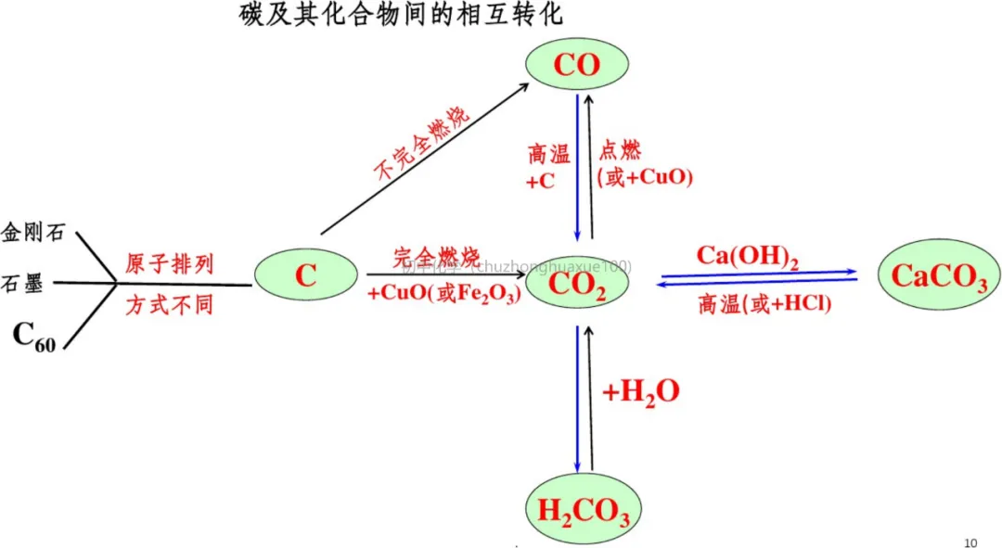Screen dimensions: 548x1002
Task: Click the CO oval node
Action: (577, 64)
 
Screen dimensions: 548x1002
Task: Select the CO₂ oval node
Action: (577, 284)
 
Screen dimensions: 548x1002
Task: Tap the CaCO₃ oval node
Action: (939, 275)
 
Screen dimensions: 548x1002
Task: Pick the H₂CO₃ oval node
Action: (577, 509)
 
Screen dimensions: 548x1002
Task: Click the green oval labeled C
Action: (306, 275)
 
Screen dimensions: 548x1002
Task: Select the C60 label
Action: (34, 337)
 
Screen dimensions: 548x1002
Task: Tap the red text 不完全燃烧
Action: (421, 142)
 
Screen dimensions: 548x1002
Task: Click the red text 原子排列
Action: (169, 264)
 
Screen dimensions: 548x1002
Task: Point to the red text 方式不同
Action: (169, 304)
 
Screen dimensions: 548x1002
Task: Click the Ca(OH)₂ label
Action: (748, 256)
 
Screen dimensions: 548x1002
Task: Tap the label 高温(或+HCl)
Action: (764, 304)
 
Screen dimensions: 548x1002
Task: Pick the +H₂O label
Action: (641, 392)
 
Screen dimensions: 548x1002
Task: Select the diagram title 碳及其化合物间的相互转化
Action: (401, 16)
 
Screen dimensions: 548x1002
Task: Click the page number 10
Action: (971, 542)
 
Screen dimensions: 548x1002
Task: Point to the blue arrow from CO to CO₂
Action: (577, 167)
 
